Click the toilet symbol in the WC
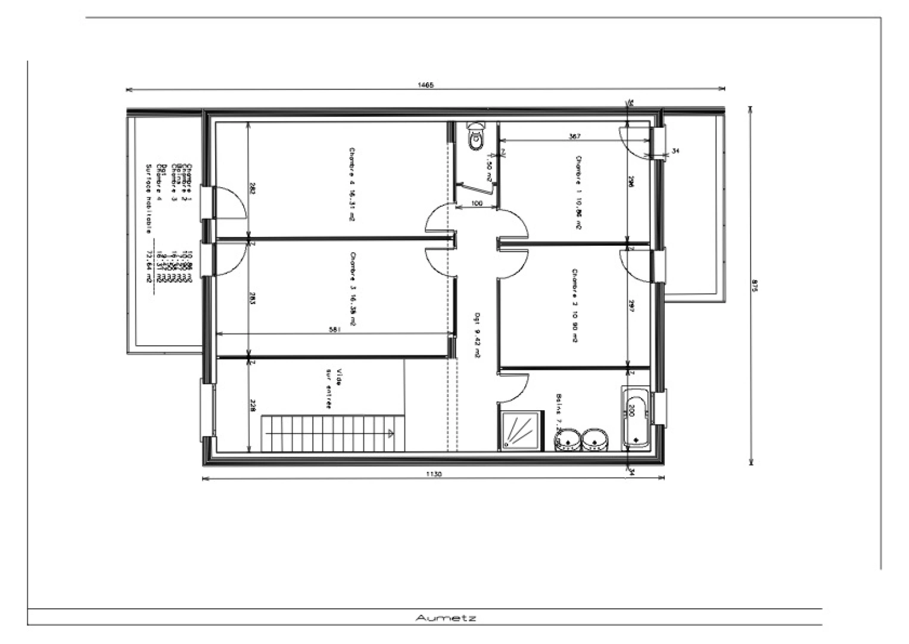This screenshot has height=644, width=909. click(476, 137)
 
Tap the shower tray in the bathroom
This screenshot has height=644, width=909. click(521, 429)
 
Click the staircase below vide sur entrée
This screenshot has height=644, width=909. click(328, 433)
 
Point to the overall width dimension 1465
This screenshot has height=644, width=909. click(427, 85)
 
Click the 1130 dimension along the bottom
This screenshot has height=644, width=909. click(433, 474)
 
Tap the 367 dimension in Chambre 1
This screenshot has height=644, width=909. click(574, 137)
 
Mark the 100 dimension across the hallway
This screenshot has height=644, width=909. click(476, 204)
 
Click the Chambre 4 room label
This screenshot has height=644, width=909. click(351, 184)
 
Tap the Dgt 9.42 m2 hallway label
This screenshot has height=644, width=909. click(477, 334)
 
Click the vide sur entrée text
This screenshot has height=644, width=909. click(334, 388)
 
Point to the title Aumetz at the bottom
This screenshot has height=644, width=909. click(446, 618)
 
